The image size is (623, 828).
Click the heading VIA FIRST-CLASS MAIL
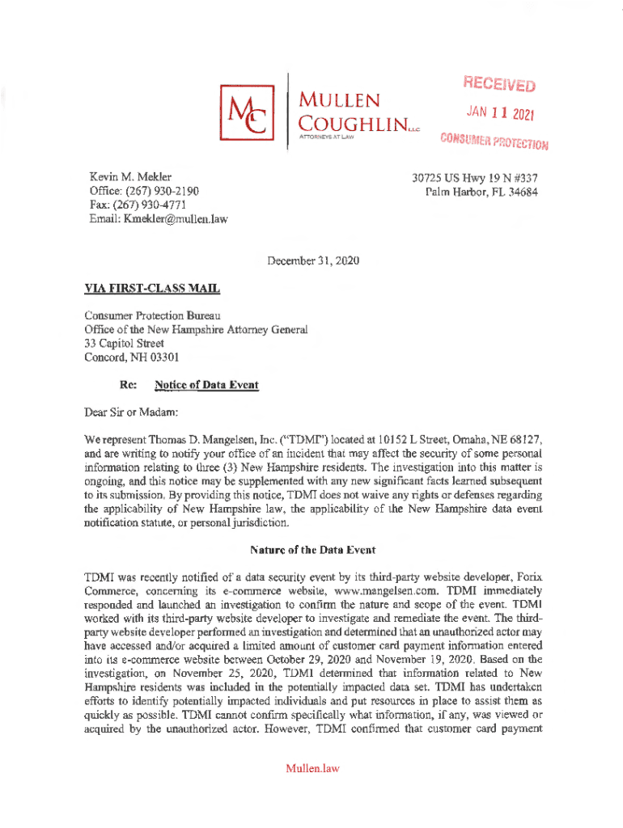[152, 289]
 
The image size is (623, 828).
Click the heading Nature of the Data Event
[311, 550]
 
